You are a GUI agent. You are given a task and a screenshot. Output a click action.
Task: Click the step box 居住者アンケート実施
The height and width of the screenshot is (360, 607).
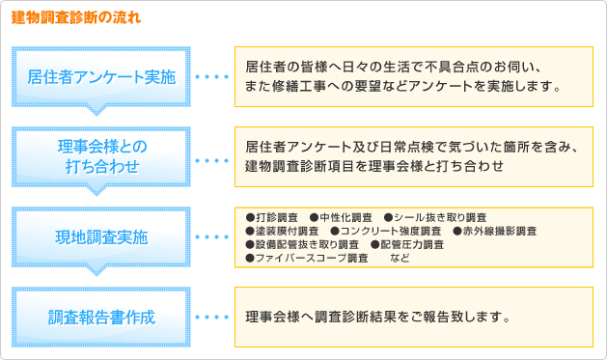pyautogui.click(x=102, y=77)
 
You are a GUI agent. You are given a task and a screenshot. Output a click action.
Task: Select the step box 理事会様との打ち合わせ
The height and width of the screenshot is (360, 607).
pyautogui.click(x=102, y=156)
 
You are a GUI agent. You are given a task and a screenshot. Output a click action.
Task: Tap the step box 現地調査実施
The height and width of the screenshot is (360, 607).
pyautogui.click(x=102, y=235)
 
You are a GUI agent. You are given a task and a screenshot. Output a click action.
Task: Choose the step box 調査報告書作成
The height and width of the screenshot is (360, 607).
pyautogui.click(x=102, y=316)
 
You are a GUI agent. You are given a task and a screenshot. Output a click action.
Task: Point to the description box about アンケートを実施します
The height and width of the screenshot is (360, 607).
pyautogui.click(x=412, y=77)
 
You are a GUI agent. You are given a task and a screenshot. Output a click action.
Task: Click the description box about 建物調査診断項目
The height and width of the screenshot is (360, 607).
pyautogui.click(x=412, y=156)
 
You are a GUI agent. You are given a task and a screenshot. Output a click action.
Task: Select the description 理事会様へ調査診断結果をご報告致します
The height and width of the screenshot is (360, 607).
pyautogui.click(x=377, y=316)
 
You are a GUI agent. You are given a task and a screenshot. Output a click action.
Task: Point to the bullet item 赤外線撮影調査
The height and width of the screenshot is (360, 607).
pyautogui.click(x=493, y=231)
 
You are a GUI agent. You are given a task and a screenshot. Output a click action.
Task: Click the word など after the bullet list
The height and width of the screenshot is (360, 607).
pyautogui.click(x=400, y=258)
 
